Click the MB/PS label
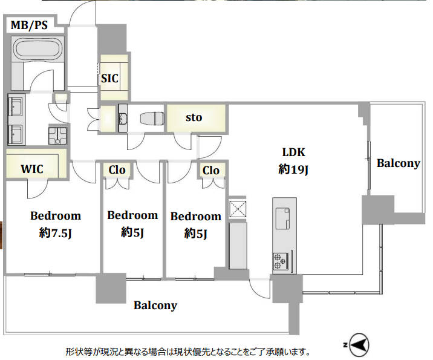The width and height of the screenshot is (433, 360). [29, 25]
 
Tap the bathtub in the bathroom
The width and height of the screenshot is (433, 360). [38, 48]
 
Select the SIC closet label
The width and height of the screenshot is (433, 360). [109, 79]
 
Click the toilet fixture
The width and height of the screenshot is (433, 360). [152, 119]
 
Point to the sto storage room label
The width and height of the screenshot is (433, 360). [194, 118]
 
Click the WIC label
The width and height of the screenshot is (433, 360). [32, 169]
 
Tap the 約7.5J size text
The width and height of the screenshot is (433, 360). [56, 234]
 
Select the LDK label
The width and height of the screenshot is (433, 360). [293, 152]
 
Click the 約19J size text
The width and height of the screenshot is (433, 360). [293, 169]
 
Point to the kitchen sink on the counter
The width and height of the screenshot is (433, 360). [283, 218]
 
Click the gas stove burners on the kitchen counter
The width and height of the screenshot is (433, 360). [280, 261]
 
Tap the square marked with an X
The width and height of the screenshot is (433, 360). [238, 209]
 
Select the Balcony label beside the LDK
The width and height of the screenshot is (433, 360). [398, 163]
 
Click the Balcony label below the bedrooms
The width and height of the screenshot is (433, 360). [155, 306]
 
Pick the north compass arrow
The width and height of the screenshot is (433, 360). [359, 345]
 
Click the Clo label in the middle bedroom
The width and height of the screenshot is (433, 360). [117, 170]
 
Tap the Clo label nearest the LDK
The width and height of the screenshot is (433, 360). [211, 171]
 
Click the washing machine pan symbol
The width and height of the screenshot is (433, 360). [57, 136]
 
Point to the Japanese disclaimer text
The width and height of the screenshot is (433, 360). [187, 352]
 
